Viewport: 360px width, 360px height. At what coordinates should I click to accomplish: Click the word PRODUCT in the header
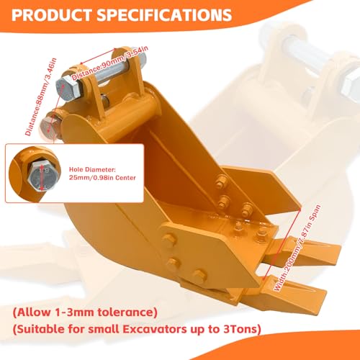[x=51, y=15]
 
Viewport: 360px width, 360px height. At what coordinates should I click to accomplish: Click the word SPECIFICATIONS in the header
[x=164, y=15]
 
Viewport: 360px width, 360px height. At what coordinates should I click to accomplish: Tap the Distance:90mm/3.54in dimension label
[x=110, y=63]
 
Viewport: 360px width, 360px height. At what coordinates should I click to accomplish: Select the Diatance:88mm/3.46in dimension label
[x=41, y=96]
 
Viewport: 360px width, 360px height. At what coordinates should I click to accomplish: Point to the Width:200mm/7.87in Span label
[x=297, y=248]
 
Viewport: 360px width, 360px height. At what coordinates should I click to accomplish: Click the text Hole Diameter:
[x=92, y=170]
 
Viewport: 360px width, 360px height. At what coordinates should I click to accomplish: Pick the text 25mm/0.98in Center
[x=102, y=178]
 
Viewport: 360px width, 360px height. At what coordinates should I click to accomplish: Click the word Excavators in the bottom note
[x=155, y=329]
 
